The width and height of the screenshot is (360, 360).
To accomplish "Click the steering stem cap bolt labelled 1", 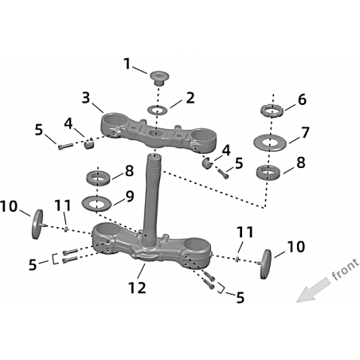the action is pyautogui.click(x=158, y=78).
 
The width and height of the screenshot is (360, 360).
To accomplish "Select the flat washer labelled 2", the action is pyautogui.click(x=158, y=109).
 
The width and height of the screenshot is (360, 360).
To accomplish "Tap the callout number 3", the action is pyautogui.click(x=86, y=98).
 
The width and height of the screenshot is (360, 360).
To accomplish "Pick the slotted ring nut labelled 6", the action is pyautogui.click(x=272, y=112).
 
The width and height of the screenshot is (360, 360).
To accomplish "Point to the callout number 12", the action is pyautogui.click(x=137, y=288).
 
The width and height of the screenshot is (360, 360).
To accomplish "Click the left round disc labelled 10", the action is pyautogui.click(x=37, y=224).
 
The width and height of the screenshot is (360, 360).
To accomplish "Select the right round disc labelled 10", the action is pyautogui.click(x=265, y=264).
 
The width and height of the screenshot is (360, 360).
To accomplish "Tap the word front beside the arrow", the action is pyautogui.click(x=345, y=269).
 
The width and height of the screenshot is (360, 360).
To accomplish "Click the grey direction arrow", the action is pyautogui.click(x=313, y=290).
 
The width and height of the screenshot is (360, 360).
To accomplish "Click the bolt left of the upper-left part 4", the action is pyautogui.click(x=65, y=146).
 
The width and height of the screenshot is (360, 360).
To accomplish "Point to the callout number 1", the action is pyautogui.click(x=127, y=65).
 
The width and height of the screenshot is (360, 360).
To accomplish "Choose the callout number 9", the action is pyautogui.click(x=130, y=197).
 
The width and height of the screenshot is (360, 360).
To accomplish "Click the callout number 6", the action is pyautogui.click(x=302, y=100).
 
